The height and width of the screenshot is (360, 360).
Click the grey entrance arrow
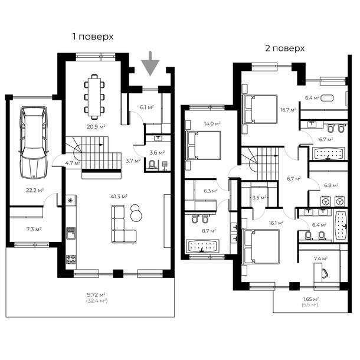151,63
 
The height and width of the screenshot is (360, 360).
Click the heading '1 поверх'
93,37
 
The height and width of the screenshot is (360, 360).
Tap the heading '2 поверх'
284,48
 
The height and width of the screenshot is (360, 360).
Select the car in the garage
32,141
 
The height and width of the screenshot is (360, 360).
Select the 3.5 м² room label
258,198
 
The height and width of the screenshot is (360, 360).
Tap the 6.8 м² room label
331,185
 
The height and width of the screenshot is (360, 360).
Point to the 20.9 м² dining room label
96,126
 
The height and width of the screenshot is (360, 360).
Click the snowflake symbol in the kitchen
71,201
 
